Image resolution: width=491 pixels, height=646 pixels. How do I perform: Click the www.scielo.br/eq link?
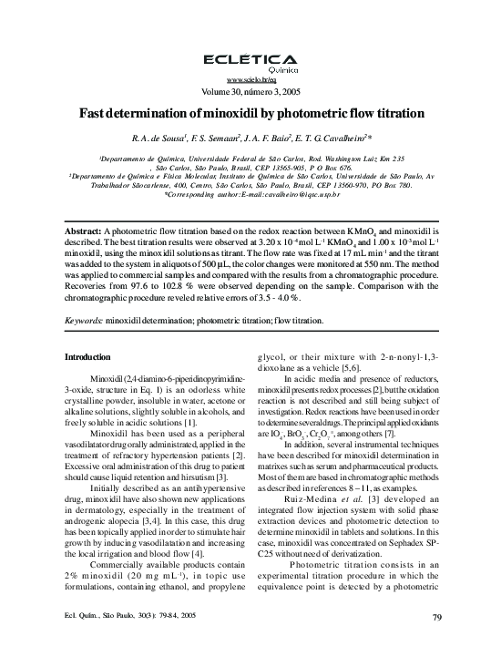(245, 81)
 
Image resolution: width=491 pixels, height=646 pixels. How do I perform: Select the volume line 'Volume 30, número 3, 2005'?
(245, 92)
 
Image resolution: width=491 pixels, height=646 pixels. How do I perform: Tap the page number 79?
(437, 619)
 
